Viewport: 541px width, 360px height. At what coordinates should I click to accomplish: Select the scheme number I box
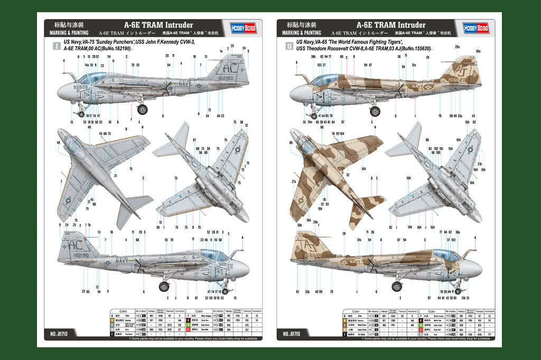point(57,46)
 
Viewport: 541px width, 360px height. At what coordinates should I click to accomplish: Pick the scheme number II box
point(288,46)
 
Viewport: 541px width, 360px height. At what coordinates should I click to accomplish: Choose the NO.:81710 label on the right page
point(293,334)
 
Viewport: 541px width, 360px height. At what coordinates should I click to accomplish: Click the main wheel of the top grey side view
point(142,110)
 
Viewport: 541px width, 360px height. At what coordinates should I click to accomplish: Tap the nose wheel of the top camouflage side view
point(314,115)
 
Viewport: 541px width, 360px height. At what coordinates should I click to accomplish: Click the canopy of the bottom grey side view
point(214,255)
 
